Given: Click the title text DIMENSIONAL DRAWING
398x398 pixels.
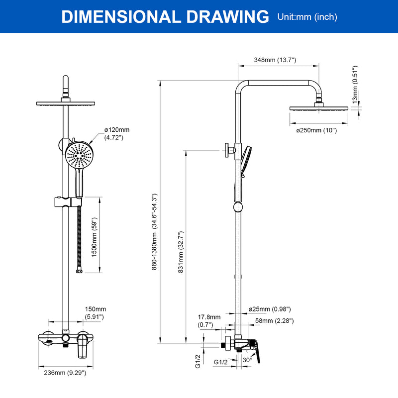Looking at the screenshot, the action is pos(165,17).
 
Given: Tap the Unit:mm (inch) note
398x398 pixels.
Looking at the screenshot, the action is pos(307,17).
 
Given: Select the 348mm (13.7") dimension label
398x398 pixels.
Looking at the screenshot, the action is pos(275,60).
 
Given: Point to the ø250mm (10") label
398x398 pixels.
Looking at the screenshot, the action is pos(316,130).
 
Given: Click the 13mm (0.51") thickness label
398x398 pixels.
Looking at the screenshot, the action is pos(355,85).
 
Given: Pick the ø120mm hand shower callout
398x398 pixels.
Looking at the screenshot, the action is pos(117,133).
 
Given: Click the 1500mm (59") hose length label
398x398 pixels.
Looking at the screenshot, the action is pos(94,237).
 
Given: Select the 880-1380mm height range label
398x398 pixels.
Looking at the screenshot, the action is pos(154,232).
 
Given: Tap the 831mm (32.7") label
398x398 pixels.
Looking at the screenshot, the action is pos(181,252).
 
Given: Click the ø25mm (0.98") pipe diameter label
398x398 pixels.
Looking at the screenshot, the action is pos(270,309).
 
